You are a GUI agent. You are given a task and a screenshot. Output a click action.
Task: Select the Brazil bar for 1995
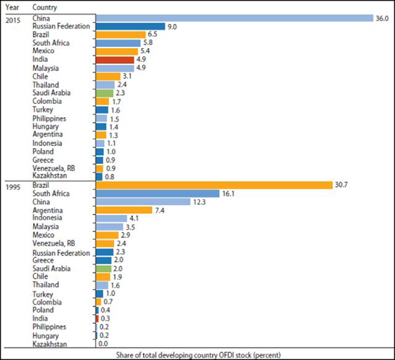(214, 185)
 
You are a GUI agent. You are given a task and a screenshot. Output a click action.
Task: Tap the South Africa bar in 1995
(157, 193)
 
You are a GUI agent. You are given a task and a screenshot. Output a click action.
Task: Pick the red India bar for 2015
(115, 59)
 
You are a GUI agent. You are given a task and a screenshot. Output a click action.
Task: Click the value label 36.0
(382, 18)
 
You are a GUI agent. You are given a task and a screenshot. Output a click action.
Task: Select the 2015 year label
(13, 18)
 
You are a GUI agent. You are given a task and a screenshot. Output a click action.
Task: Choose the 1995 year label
(13, 186)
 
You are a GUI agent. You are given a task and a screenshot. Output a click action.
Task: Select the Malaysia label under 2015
(45, 68)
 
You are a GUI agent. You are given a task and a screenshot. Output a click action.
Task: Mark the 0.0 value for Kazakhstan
(104, 344)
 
